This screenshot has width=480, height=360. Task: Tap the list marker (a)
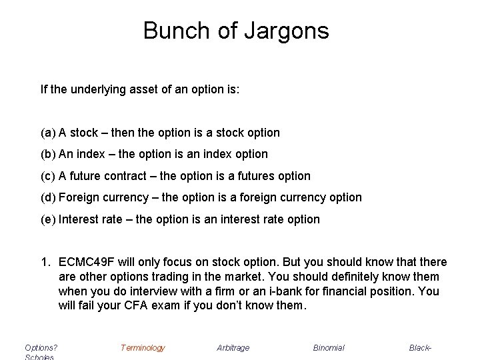(x=48, y=133)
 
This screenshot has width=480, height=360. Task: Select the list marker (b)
(x=48, y=154)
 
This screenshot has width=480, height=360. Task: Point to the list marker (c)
(x=48, y=176)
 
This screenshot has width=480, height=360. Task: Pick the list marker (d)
(x=48, y=197)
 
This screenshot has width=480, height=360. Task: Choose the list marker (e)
(x=48, y=219)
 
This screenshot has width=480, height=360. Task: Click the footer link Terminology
(x=143, y=347)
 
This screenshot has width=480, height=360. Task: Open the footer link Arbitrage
(x=234, y=347)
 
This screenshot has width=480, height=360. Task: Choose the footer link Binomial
(x=329, y=347)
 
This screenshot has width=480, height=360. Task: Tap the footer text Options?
(x=41, y=347)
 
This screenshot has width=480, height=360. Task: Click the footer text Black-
(x=421, y=347)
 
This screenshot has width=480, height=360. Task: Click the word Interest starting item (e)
(x=78, y=219)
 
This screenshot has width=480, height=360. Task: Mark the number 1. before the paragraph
(x=45, y=262)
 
